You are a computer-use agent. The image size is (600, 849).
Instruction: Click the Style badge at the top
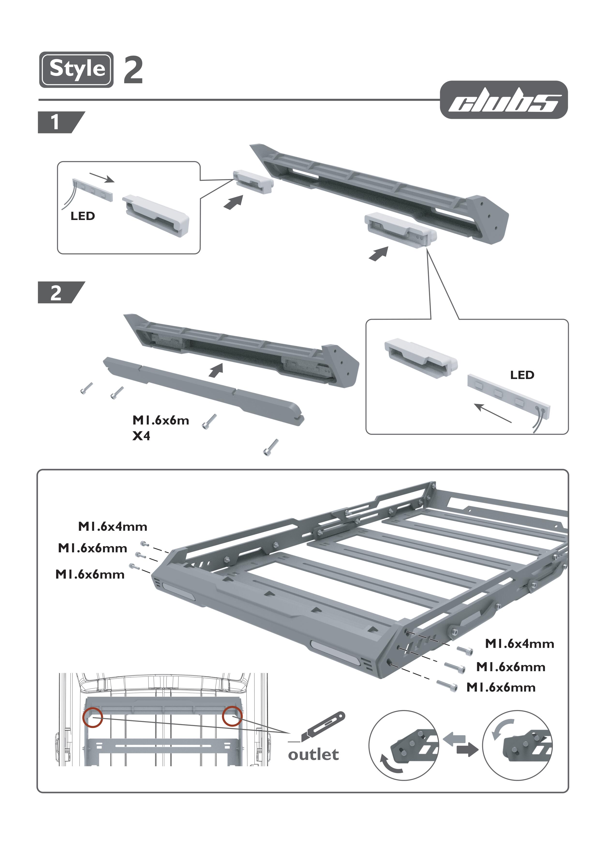[76, 69]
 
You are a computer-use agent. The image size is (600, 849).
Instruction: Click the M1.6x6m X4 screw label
[161, 428]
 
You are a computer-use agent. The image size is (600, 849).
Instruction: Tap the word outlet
[313, 755]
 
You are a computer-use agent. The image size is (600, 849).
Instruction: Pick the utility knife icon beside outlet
[323, 727]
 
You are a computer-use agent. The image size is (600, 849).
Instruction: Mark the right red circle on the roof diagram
[232, 716]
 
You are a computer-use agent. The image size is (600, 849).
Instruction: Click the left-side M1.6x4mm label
[113, 527]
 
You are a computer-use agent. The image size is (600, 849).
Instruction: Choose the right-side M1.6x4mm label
[519, 644]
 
